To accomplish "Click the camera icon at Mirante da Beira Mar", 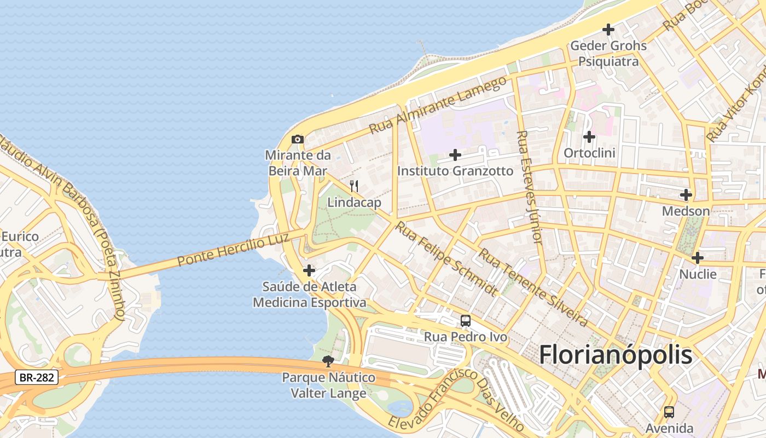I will [x=298, y=139].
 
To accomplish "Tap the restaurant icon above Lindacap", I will [x=354, y=186].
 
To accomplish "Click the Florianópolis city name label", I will [x=616, y=355].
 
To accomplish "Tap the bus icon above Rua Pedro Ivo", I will [x=466, y=321].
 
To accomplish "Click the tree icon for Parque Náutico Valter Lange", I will [x=328, y=361].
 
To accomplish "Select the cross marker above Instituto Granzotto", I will [x=455, y=155].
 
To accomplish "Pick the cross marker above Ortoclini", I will [x=589, y=136].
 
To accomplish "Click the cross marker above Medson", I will [x=686, y=194].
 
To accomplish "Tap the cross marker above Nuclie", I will [x=697, y=257].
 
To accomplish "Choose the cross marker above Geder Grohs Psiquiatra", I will [x=608, y=30].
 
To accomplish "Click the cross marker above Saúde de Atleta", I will [x=309, y=270].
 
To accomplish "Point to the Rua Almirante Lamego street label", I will [x=438, y=105].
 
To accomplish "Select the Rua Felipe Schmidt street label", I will [x=446, y=258].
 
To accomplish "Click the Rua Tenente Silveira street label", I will [x=533, y=287].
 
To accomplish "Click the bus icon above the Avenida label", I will [x=669, y=412].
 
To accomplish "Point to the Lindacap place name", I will [x=354, y=203].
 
